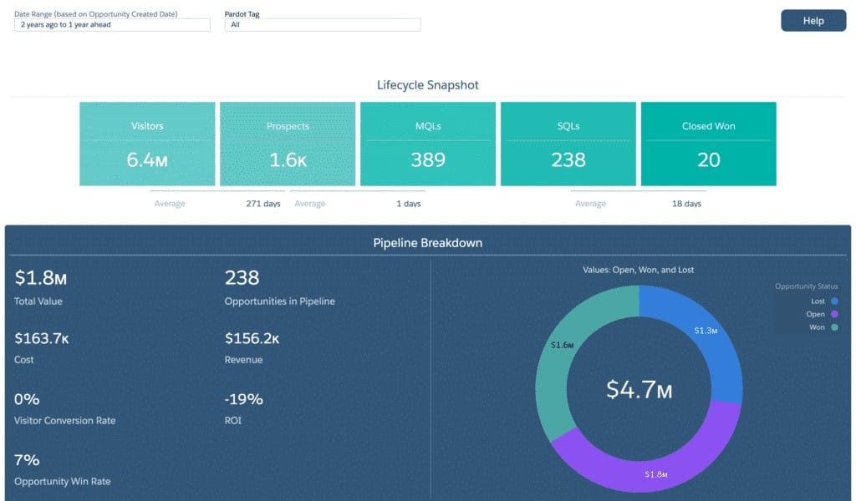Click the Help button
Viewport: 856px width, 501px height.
click(813, 21)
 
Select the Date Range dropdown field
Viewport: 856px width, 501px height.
click(112, 25)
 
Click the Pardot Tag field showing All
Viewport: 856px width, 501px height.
click(322, 25)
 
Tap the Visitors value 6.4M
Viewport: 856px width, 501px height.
click(147, 159)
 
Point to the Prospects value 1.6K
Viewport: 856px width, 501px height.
click(288, 159)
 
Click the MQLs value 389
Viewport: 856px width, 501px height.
click(428, 159)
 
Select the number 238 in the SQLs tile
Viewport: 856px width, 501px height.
click(568, 159)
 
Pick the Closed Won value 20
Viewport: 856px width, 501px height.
click(709, 159)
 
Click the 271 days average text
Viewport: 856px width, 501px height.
click(263, 204)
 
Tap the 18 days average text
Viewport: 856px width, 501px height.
click(686, 204)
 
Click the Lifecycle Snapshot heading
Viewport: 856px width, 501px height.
click(428, 85)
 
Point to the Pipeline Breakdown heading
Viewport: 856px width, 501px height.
click(428, 243)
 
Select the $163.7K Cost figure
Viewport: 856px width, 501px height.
click(43, 338)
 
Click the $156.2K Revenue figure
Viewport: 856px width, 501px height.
click(252, 338)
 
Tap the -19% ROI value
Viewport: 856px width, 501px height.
click(244, 399)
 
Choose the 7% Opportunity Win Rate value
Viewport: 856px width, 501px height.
click(27, 460)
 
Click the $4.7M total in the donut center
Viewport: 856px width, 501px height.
click(639, 389)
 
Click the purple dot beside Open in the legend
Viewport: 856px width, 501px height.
click(834, 314)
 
